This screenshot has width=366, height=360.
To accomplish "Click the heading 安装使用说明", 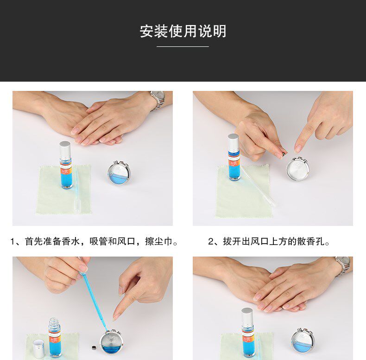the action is pyautogui.click(x=183, y=31).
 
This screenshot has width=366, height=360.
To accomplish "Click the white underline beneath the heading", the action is pyautogui.click(x=183, y=46).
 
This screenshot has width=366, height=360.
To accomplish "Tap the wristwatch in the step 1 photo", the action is pyautogui.click(x=158, y=100).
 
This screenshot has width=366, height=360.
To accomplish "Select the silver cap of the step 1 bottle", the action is pyautogui.click(x=65, y=149).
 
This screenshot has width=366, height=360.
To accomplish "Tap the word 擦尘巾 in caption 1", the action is pyautogui.click(x=158, y=242).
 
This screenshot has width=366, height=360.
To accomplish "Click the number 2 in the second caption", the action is pyautogui.click(x=211, y=242).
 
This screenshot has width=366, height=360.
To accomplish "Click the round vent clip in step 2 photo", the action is pyautogui.click(x=298, y=169).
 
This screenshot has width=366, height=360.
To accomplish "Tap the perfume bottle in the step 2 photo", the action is pyautogui.click(x=233, y=157).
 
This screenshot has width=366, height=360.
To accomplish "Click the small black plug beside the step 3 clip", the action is pyautogui.click(x=94, y=348).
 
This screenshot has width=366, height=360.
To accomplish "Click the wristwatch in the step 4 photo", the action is pyautogui.click(x=342, y=266).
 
